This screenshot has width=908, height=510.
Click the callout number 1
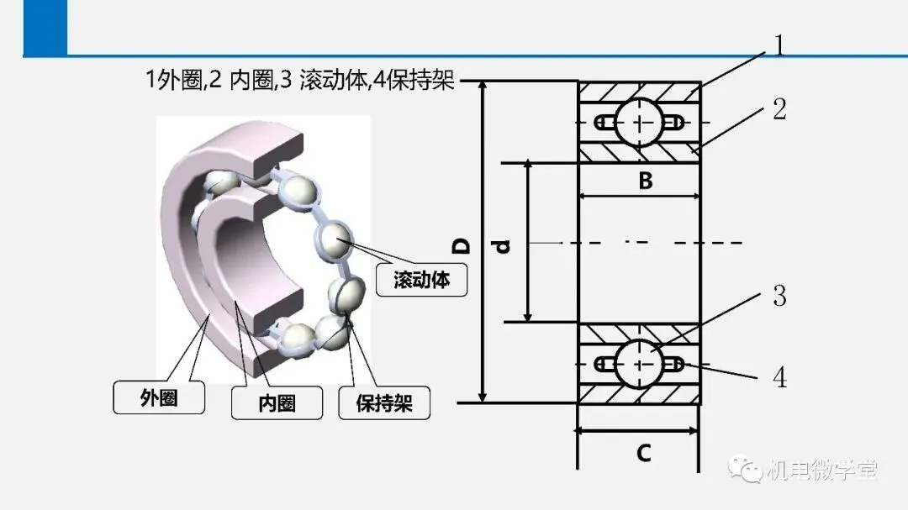click(779, 45)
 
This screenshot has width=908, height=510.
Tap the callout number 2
click(780, 109)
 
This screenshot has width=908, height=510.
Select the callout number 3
click(780, 296)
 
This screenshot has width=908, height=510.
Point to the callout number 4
click(780, 377)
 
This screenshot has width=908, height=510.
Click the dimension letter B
click(646, 181)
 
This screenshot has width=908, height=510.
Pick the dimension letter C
click(643, 453)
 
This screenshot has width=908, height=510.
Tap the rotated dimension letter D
click(462, 246)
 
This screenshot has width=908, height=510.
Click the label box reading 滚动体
click(421, 280)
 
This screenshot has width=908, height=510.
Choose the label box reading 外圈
click(159, 397)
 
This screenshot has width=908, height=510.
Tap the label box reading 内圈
click(277, 403)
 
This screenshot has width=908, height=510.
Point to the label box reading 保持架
click(384, 403)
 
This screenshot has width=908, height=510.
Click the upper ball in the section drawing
click(639, 123)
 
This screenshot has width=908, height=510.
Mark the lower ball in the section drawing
click(639, 364)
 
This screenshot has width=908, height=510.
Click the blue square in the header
click(45, 28)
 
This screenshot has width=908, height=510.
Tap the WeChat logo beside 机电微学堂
click(745, 469)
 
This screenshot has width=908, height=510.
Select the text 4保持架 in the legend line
click(414, 79)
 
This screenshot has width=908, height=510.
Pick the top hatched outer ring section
click(639, 92)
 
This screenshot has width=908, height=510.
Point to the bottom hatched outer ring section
click(639, 394)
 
